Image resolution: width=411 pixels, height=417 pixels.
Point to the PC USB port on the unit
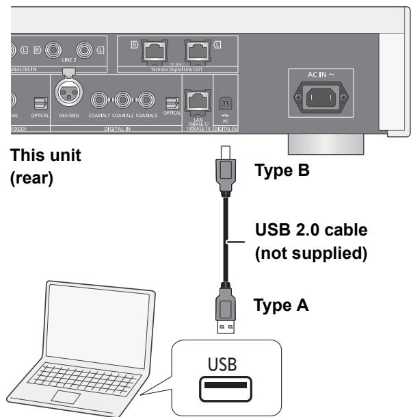point(224,103)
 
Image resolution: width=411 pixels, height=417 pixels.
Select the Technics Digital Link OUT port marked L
point(197,51)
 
